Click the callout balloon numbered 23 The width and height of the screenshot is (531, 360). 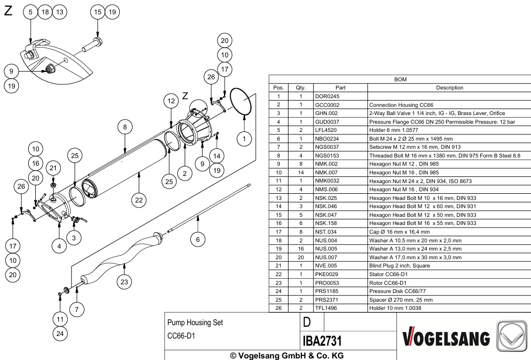tap(124, 282)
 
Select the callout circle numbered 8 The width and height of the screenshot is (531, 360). tap(125, 127)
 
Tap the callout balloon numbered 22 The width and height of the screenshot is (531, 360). tap(139, 200)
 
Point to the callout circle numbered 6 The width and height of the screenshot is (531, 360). tap(198, 240)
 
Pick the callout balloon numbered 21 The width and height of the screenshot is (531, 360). tap(53, 168)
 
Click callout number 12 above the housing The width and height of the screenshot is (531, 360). tap(171, 101)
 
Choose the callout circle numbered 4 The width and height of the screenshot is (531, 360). tap(59, 246)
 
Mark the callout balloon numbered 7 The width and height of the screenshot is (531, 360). tap(77, 309)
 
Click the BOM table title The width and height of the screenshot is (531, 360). tap(400, 79)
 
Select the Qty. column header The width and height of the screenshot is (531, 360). tap(301, 88)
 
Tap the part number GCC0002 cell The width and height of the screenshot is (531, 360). tap(327, 105)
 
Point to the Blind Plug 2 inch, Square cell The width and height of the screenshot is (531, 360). tap(400, 266)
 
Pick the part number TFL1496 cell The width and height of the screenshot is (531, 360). tap(326, 308)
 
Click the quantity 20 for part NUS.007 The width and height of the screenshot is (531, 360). tap(301, 257)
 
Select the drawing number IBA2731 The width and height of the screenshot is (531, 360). tap(322, 341)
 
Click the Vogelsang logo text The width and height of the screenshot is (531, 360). tap(447, 339)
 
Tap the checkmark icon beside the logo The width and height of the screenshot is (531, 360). tap(512, 336)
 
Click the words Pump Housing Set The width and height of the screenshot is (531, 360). tap(195, 322)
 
